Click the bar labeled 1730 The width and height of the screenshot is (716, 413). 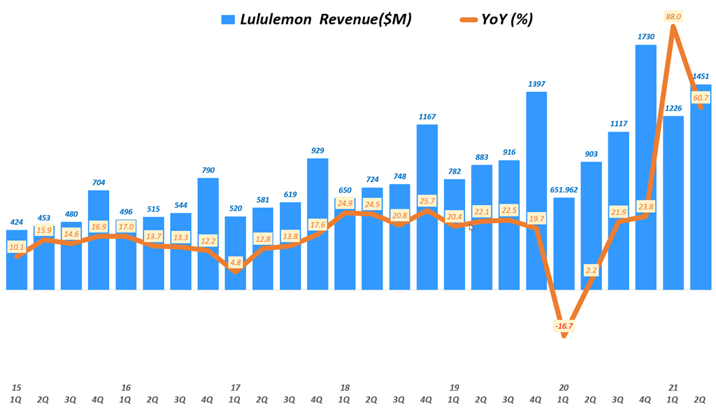[646, 168]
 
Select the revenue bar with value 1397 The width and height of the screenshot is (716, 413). [536, 189]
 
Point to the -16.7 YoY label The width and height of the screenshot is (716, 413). [564, 326]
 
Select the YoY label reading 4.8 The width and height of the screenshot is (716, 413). [236, 262]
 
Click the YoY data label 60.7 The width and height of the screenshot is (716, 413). [701, 97]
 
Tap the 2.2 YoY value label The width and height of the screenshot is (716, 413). [591, 269]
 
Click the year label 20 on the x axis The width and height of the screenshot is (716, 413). [564, 387]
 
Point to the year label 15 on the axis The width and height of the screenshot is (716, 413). [17, 387]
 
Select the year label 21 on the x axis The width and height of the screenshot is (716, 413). [673, 387]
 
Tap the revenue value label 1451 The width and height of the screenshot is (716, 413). [701, 77]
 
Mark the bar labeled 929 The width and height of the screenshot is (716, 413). [318, 224]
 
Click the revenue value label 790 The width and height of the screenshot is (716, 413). [208, 170]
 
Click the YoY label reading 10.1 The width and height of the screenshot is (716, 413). [17, 247]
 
